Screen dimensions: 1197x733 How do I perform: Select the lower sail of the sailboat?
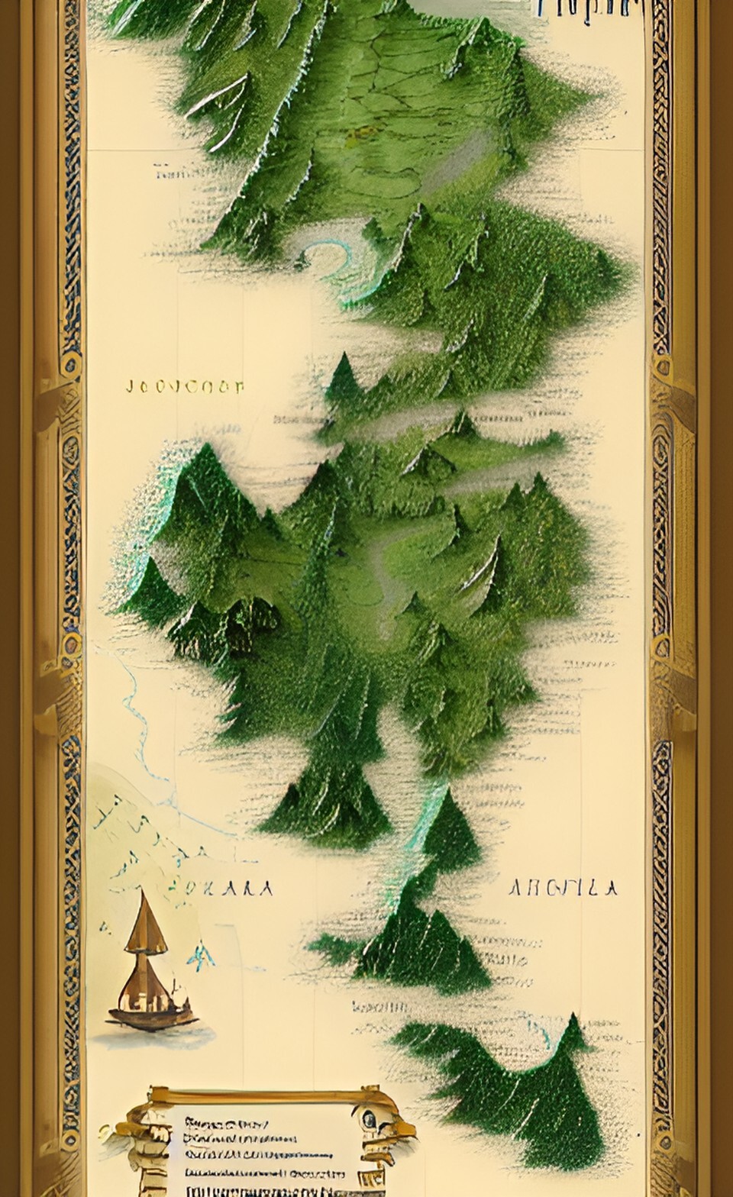coord(145,979)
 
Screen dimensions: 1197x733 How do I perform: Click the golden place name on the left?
coord(183,386)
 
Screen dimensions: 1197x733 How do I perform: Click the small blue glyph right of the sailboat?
coord(204,956)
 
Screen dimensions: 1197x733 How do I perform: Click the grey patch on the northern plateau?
coord(466,156)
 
